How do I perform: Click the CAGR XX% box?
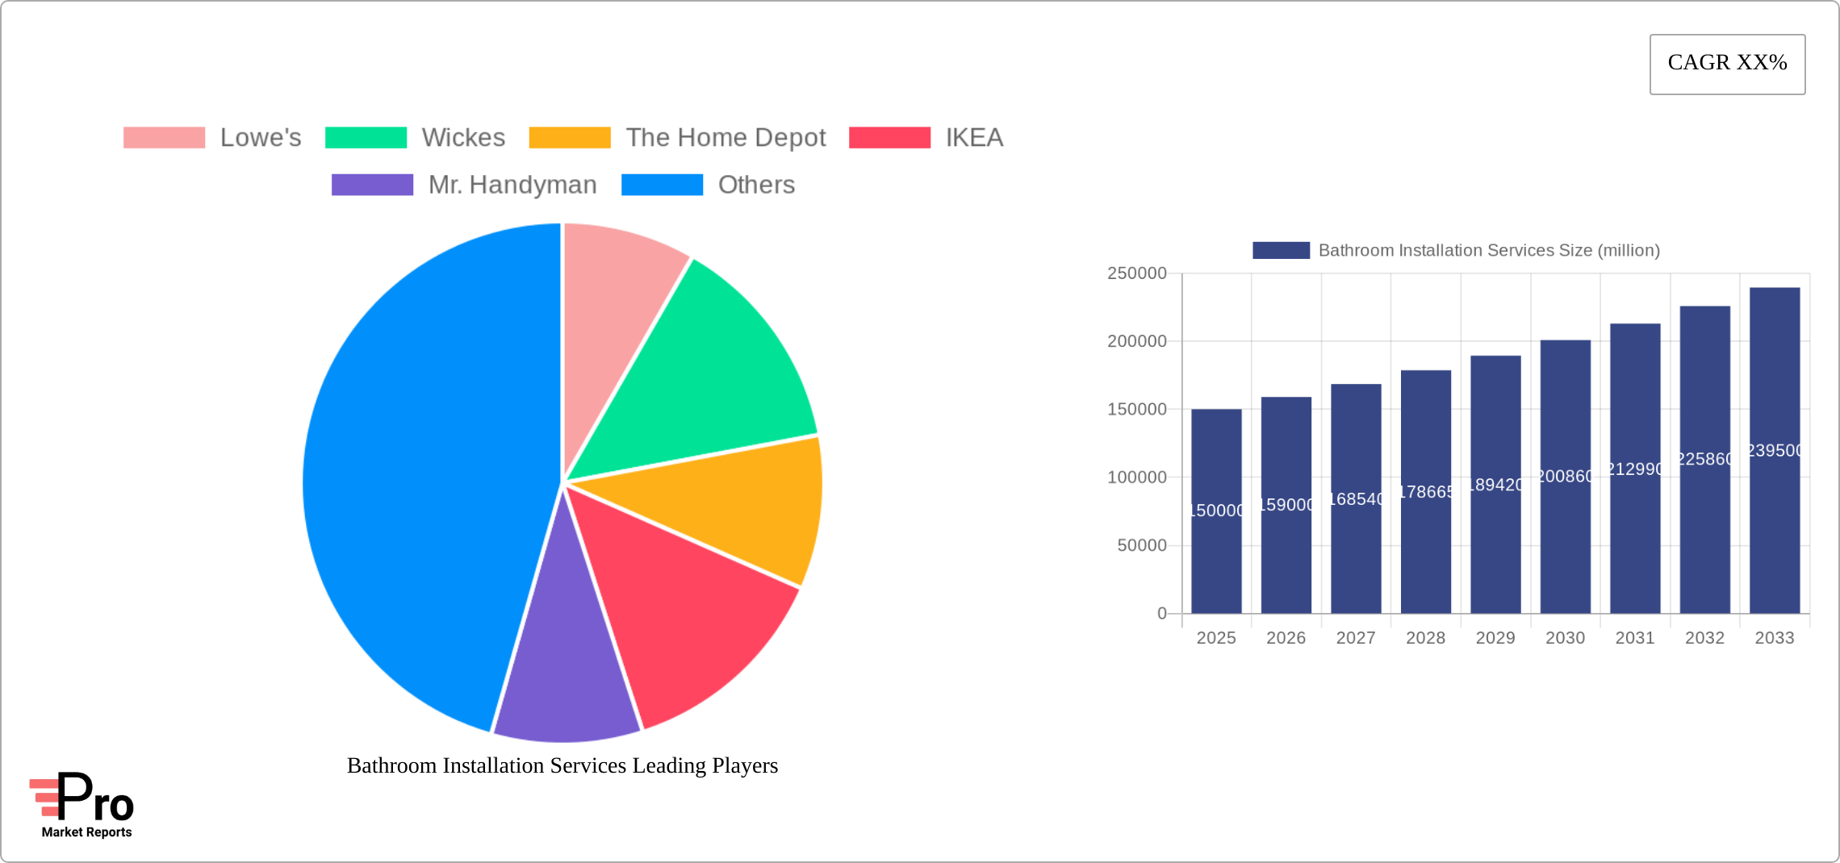[x=1727, y=64]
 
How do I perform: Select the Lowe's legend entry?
[x=212, y=138]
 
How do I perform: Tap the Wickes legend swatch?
[x=366, y=138]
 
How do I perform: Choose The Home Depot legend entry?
[x=677, y=138]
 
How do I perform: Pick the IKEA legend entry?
[x=926, y=138]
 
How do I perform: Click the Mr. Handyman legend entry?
[x=464, y=185]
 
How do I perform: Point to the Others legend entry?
[x=708, y=185]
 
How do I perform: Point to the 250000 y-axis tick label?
[x=1136, y=273]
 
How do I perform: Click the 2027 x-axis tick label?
[x=1356, y=638]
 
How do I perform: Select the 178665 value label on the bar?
[x=1426, y=492]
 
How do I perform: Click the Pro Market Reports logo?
[x=83, y=805]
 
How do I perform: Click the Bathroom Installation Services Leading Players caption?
[x=562, y=765]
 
